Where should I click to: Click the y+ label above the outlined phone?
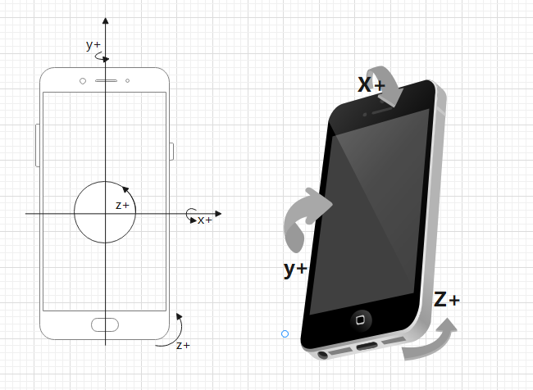(x=93, y=45)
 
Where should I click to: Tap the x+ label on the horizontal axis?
(x=204, y=220)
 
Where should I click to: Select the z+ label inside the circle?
(x=122, y=205)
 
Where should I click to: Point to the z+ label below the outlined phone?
(x=183, y=345)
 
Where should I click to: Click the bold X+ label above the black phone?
(x=371, y=84)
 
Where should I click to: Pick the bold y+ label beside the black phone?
(x=295, y=269)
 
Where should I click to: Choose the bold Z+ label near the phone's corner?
(x=447, y=300)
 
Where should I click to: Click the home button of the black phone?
(x=362, y=318)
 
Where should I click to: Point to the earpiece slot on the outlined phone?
(x=105, y=81)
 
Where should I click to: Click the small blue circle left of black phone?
(x=285, y=333)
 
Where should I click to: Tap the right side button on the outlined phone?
(x=171, y=151)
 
